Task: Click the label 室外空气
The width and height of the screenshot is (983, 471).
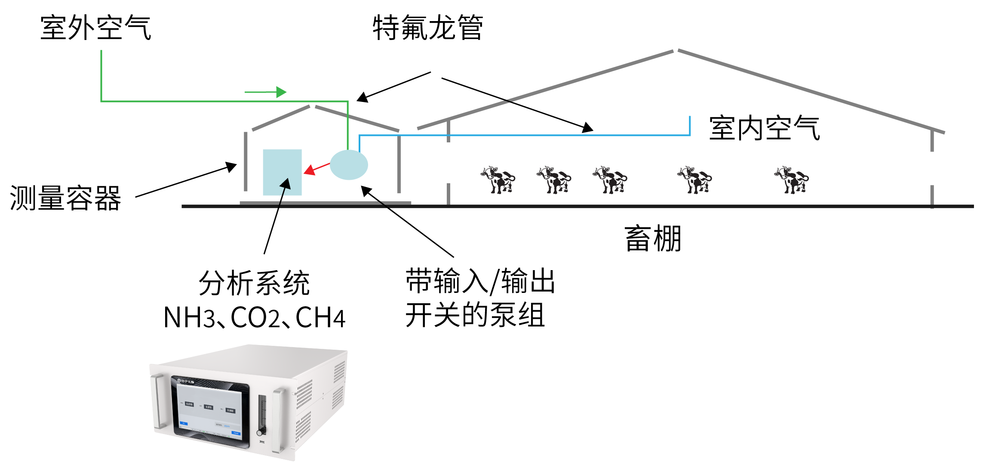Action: click(95, 28)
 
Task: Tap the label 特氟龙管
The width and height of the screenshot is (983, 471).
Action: click(428, 28)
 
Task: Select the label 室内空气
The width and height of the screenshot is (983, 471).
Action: click(764, 128)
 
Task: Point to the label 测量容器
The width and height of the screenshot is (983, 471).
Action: click(65, 198)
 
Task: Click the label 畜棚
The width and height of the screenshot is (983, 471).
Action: click(653, 239)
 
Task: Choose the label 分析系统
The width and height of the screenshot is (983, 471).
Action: click(254, 283)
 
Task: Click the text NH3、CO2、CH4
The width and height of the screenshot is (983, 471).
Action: click(254, 318)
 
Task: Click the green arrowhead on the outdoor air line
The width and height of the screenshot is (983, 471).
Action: click(281, 92)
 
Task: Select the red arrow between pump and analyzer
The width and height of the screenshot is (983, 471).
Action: click(316, 168)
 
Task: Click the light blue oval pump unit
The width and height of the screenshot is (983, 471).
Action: click(349, 165)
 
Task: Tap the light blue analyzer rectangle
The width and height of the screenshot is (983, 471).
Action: click(282, 172)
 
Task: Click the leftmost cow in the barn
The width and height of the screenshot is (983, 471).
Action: click(498, 179)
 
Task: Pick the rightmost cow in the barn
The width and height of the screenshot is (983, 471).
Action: click(791, 179)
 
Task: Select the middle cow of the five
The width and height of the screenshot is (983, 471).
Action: click(610, 179)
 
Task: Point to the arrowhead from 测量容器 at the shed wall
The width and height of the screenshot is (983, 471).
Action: click(231, 166)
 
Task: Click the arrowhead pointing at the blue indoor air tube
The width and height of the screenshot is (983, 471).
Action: click(588, 128)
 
